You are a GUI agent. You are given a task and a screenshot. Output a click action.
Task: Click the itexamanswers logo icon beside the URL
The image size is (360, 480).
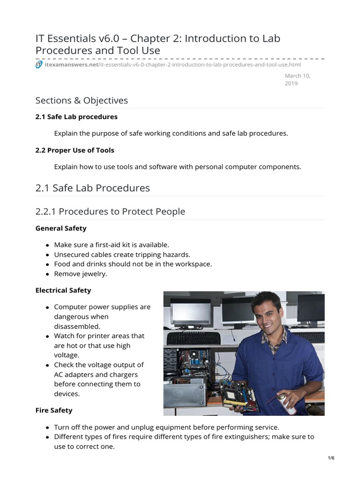[x=39, y=65]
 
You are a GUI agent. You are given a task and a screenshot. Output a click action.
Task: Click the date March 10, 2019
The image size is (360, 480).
[x=298, y=80]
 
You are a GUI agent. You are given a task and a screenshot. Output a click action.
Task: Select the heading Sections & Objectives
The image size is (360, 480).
[x=82, y=100]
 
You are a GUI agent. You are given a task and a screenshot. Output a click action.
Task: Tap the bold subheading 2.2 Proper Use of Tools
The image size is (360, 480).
[x=75, y=150]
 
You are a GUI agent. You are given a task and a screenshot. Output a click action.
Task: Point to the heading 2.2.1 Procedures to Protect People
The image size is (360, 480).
[x=110, y=211]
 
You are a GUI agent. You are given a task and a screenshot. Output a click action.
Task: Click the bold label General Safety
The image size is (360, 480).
[x=61, y=228]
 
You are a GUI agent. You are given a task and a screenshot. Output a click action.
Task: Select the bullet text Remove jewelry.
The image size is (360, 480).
[x=81, y=274]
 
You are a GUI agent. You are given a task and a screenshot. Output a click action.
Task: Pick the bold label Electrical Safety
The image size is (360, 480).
[x=63, y=290]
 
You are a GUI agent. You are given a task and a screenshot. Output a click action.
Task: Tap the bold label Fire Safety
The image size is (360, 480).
[x=54, y=410]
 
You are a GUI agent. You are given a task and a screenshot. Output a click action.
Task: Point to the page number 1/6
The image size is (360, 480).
[x=331, y=458]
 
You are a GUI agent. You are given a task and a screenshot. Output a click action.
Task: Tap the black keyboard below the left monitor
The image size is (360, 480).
[x=193, y=338]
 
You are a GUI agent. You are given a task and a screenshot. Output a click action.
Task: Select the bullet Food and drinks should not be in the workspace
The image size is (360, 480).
[x=133, y=264]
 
